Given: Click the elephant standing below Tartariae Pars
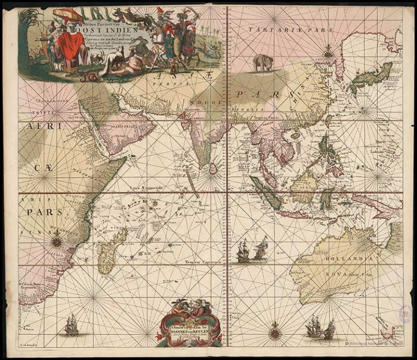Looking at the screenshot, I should coord(263,62).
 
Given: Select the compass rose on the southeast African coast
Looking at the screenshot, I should coord(57,239).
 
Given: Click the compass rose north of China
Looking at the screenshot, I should coord(328,54).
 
